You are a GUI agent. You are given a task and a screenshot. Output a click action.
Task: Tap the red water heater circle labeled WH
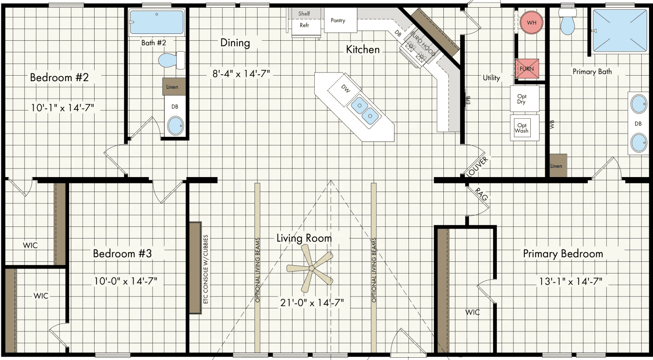click(x=531, y=22)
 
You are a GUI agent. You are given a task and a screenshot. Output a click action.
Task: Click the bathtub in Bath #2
click(x=157, y=22)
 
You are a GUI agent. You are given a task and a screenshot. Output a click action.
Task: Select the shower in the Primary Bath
click(x=620, y=31)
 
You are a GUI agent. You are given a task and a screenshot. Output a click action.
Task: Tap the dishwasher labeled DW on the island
click(x=345, y=90)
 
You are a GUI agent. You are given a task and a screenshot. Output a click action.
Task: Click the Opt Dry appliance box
click(x=525, y=99)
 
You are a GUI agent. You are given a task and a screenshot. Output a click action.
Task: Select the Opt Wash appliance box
click(x=525, y=128)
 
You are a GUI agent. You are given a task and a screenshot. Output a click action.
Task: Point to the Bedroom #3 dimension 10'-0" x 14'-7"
click(x=125, y=281)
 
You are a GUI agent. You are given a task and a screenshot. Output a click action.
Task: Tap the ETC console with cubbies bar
click(x=195, y=268)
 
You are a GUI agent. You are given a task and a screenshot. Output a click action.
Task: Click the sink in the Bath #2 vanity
click(x=175, y=125)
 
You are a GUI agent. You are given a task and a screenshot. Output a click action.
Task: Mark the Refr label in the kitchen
click(x=304, y=25)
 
